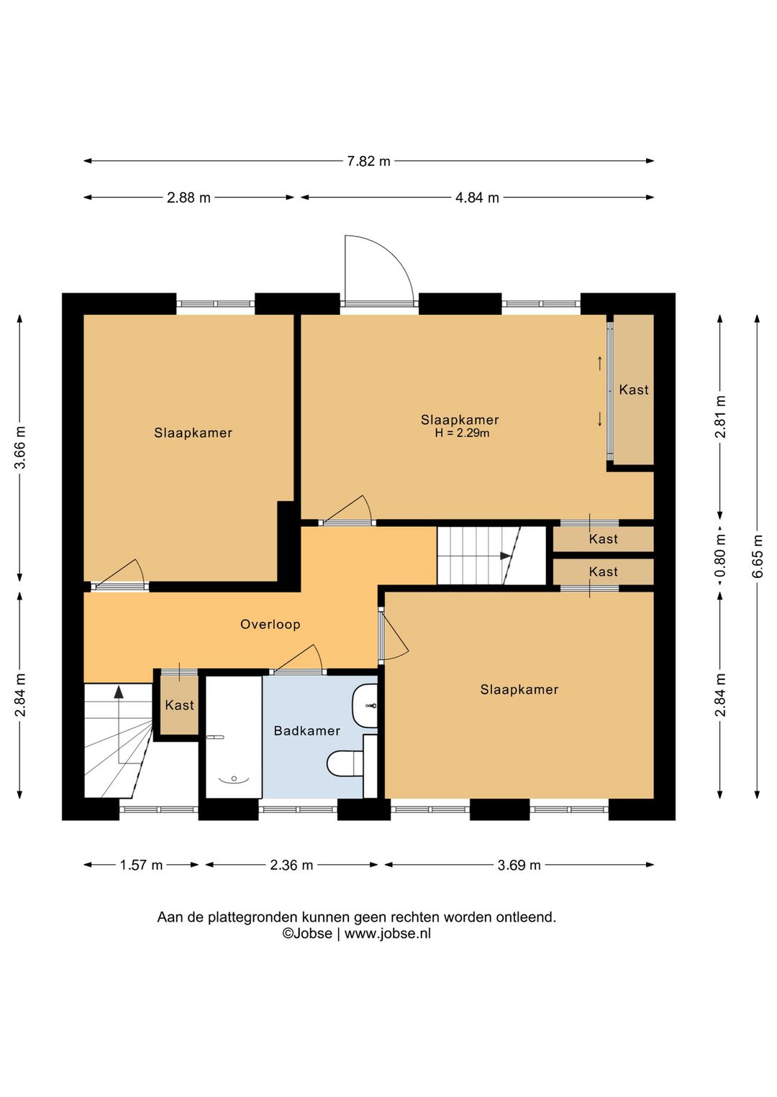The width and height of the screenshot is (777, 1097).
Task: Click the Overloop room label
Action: (x=270, y=625)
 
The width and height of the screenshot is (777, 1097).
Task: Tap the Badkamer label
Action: (x=307, y=730)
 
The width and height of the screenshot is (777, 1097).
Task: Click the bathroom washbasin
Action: (x=365, y=706)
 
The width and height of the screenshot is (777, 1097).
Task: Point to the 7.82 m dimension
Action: (x=368, y=161)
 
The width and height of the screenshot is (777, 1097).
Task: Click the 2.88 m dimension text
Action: (x=188, y=198)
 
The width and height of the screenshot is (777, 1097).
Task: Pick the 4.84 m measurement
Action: (x=477, y=198)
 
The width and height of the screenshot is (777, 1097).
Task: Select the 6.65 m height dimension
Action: (x=758, y=556)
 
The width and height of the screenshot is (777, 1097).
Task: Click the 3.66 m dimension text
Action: (x=20, y=447)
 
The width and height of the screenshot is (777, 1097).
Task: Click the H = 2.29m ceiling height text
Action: (x=462, y=433)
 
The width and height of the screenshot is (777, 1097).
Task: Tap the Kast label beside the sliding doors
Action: (x=633, y=390)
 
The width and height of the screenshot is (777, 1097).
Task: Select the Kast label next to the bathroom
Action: (x=179, y=705)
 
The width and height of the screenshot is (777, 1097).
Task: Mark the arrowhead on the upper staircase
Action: (x=505, y=556)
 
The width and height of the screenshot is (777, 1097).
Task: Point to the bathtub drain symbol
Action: (x=235, y=779)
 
